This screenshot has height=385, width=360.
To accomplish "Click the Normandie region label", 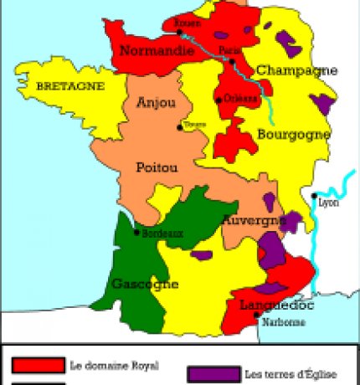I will coord(152,51).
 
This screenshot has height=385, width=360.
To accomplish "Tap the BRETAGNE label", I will coord(69,86).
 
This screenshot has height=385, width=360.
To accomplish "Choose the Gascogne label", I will coord(146,283).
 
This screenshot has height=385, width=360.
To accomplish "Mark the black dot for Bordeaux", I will coord(137,233).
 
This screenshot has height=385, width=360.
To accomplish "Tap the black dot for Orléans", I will coord(219,100).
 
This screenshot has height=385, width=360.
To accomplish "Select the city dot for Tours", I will coord(179,127).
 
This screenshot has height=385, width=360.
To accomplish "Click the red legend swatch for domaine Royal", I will coord(39,365).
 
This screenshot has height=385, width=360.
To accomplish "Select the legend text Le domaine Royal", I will coord(114,365).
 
